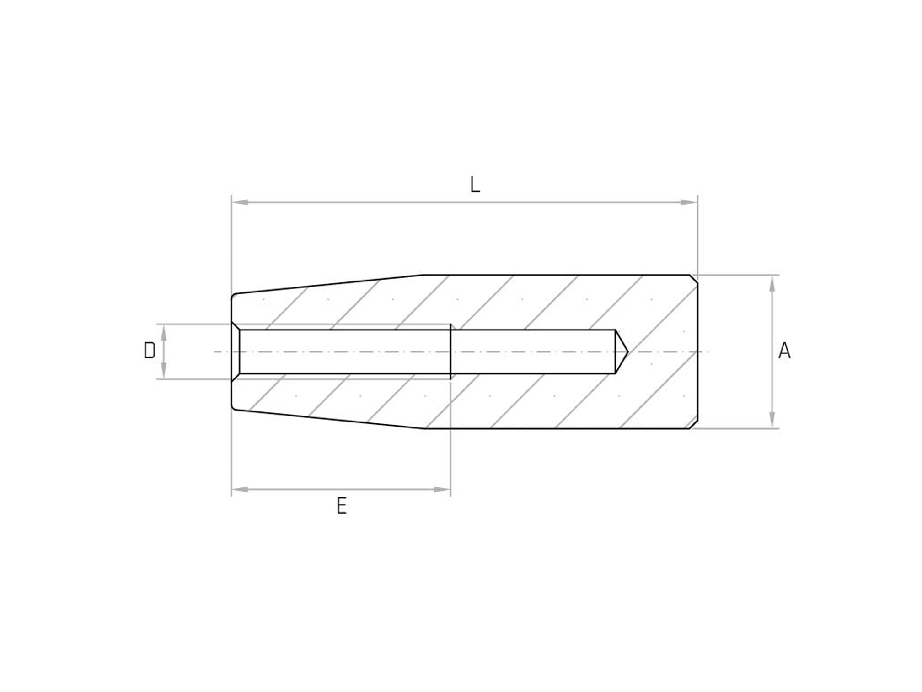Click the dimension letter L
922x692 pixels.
point(475,185)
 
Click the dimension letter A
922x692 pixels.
point(784,351)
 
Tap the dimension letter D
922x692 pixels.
point(150,351)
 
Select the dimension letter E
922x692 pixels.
point(341,507)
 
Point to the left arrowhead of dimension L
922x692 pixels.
point(240,202)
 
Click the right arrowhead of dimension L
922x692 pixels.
point(689,202)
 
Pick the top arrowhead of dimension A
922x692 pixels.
point(772,283)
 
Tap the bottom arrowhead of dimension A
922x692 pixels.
point(772,420)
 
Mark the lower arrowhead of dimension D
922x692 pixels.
point(164,371)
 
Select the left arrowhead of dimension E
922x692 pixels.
point(240,490)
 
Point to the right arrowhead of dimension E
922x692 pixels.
point(442,490)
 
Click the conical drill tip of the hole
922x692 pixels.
point(622,351)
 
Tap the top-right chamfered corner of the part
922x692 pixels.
point(694,279)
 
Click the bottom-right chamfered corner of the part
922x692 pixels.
point(694,424)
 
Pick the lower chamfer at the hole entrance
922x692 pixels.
point(236,377)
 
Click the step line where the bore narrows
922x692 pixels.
point(451,351)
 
